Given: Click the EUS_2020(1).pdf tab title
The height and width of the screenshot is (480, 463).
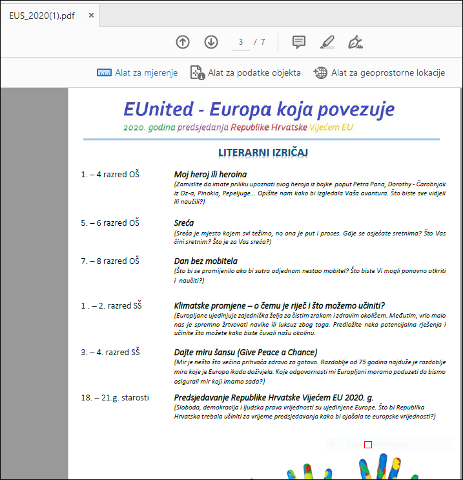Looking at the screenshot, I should [x=41, y=16].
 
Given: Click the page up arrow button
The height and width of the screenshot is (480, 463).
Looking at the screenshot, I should [x=183, y=42].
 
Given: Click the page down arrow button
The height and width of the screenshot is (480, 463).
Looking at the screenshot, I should [x=211, y=42].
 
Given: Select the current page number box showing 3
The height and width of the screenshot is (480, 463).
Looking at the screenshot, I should [x=241, y=42].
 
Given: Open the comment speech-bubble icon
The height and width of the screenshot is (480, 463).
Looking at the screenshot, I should [x=299, y=42].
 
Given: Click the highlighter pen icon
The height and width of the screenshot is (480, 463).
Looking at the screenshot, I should [x=327, y=42].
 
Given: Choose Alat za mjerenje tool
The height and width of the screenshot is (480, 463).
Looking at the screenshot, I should [x=138, y=72].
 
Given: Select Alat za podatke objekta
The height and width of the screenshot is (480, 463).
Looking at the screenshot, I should [x=246, y=72].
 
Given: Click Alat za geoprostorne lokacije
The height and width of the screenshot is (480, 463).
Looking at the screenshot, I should [x=380, y=72].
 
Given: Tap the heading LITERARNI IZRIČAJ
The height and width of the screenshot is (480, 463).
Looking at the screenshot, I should [x=263, y=153].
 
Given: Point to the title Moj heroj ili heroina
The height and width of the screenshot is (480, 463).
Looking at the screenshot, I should [x=210, y=174].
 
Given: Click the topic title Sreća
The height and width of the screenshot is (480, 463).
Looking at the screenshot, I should [x=184, y=223].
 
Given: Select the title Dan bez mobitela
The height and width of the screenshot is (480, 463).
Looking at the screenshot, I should [x=205, y=261].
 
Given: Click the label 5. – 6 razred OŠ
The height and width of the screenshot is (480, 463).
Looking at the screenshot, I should [x=110, y=223].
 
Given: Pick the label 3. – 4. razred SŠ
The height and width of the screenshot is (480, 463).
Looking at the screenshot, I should [x=110, y=352].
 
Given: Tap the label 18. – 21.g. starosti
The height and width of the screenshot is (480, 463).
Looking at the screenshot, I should [x=115, y=397].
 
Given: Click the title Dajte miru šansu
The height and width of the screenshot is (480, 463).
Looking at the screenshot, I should [x=245, y=352].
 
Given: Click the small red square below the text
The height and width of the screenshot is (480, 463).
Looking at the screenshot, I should [x=368, y=444].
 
